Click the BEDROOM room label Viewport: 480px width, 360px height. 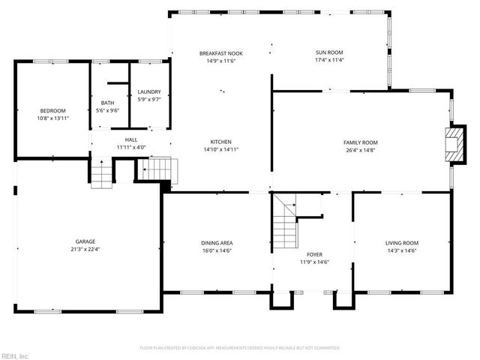pyautogui.click(x=52, y=111)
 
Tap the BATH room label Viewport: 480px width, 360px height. pyautogui.click(x=108, y=103)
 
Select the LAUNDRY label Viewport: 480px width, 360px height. pyautogui.click(x=149, y=92)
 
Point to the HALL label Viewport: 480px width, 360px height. pyautogui.click(x=131, y=139)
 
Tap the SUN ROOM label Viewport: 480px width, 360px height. pyautogui.click(x=329, y=52)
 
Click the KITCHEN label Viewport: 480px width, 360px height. pyautogui.click(x=220, y=142)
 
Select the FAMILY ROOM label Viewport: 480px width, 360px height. pyautogui.click(x=361, y=142)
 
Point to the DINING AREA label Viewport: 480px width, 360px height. pyautogui.click(x=216, y=243)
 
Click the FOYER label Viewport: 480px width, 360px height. pyautogui.click(x=315, y=254)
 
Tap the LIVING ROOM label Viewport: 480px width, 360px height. pyautogui.click(x=402, y=243)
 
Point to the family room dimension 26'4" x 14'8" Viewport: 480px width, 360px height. pyautogui.click(x=361, y=149)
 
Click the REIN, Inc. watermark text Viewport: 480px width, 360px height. pyautogui.click(x=15, y=355)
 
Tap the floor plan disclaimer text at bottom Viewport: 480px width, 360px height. pyautogui.click(x=240, y=348)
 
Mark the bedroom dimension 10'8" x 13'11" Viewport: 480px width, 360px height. pyautogui.click(x=52, y=118)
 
